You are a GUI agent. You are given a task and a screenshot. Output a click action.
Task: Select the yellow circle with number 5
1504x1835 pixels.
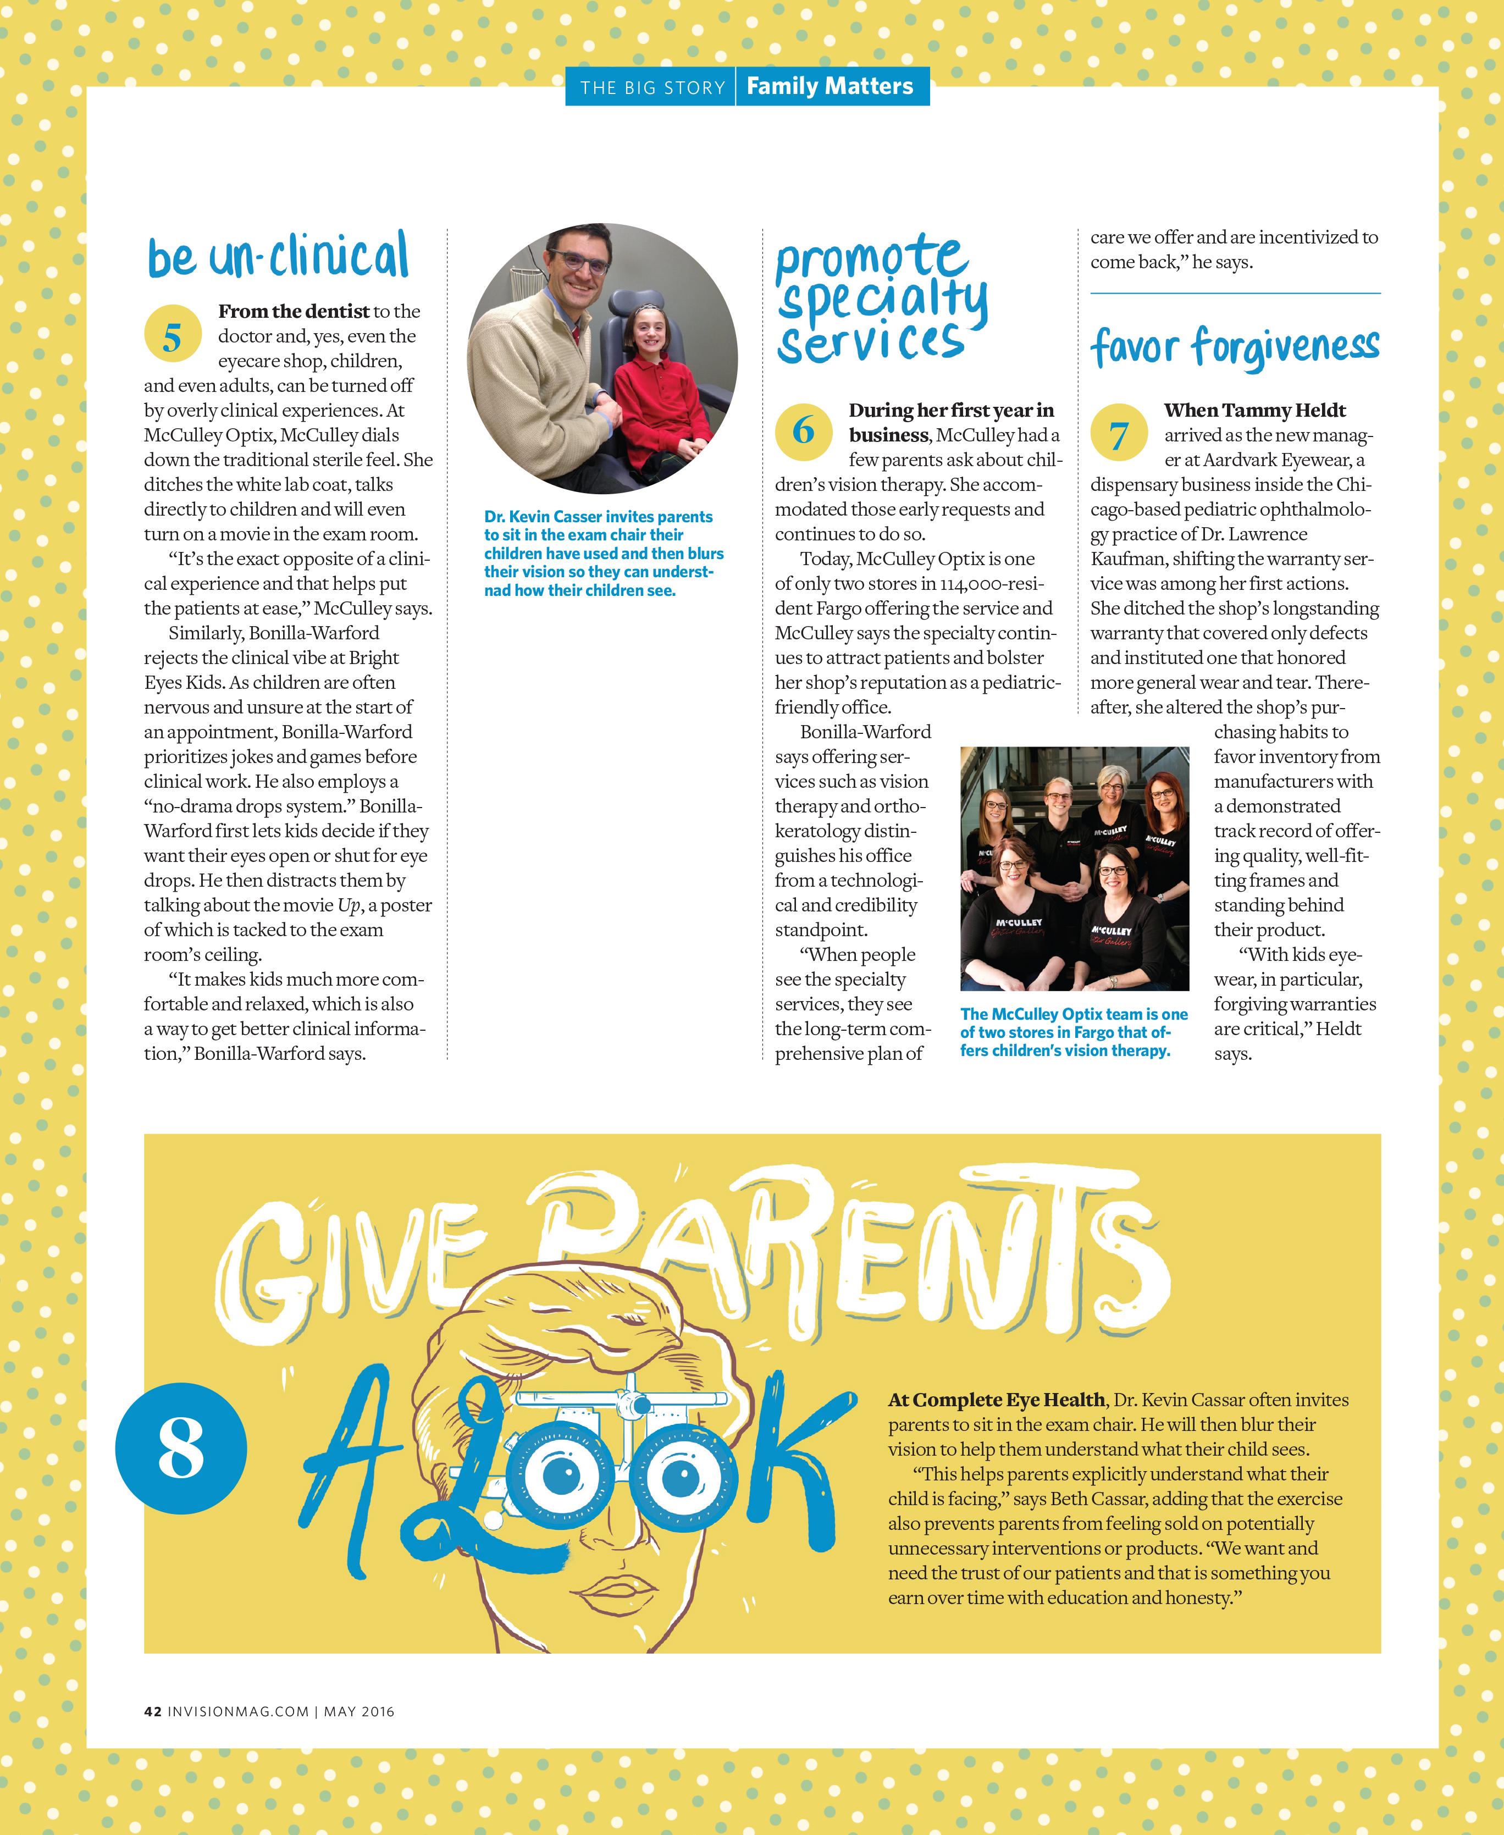click(173, 334)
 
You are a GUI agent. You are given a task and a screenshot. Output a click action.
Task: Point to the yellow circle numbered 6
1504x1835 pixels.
click(803, 430)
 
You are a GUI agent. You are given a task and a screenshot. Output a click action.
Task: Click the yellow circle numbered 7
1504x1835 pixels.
click(1119, 432)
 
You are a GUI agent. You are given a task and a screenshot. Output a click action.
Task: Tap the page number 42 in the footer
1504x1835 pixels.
click(152, 1711)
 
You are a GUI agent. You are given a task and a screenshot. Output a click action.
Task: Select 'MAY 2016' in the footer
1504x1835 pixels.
click(358, 1711)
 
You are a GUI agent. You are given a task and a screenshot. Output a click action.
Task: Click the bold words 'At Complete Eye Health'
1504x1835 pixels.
click(996, 1399)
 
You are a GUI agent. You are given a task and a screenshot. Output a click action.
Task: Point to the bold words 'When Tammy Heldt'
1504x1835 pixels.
click(1254, 410)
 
